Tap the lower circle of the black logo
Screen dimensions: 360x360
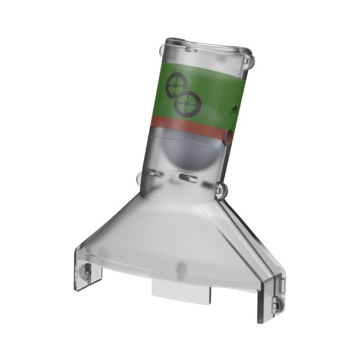pos(188,103)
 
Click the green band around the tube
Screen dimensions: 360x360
pos(206,90)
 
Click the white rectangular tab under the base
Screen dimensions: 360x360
pos(181,290)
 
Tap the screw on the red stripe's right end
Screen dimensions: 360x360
pos(228,136)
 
